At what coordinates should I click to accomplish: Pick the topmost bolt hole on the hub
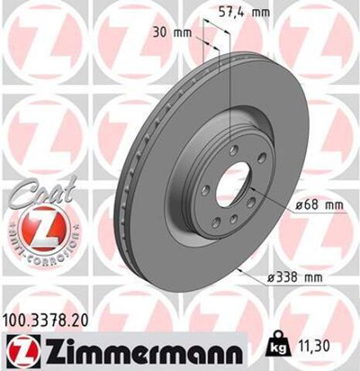(233, 149)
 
